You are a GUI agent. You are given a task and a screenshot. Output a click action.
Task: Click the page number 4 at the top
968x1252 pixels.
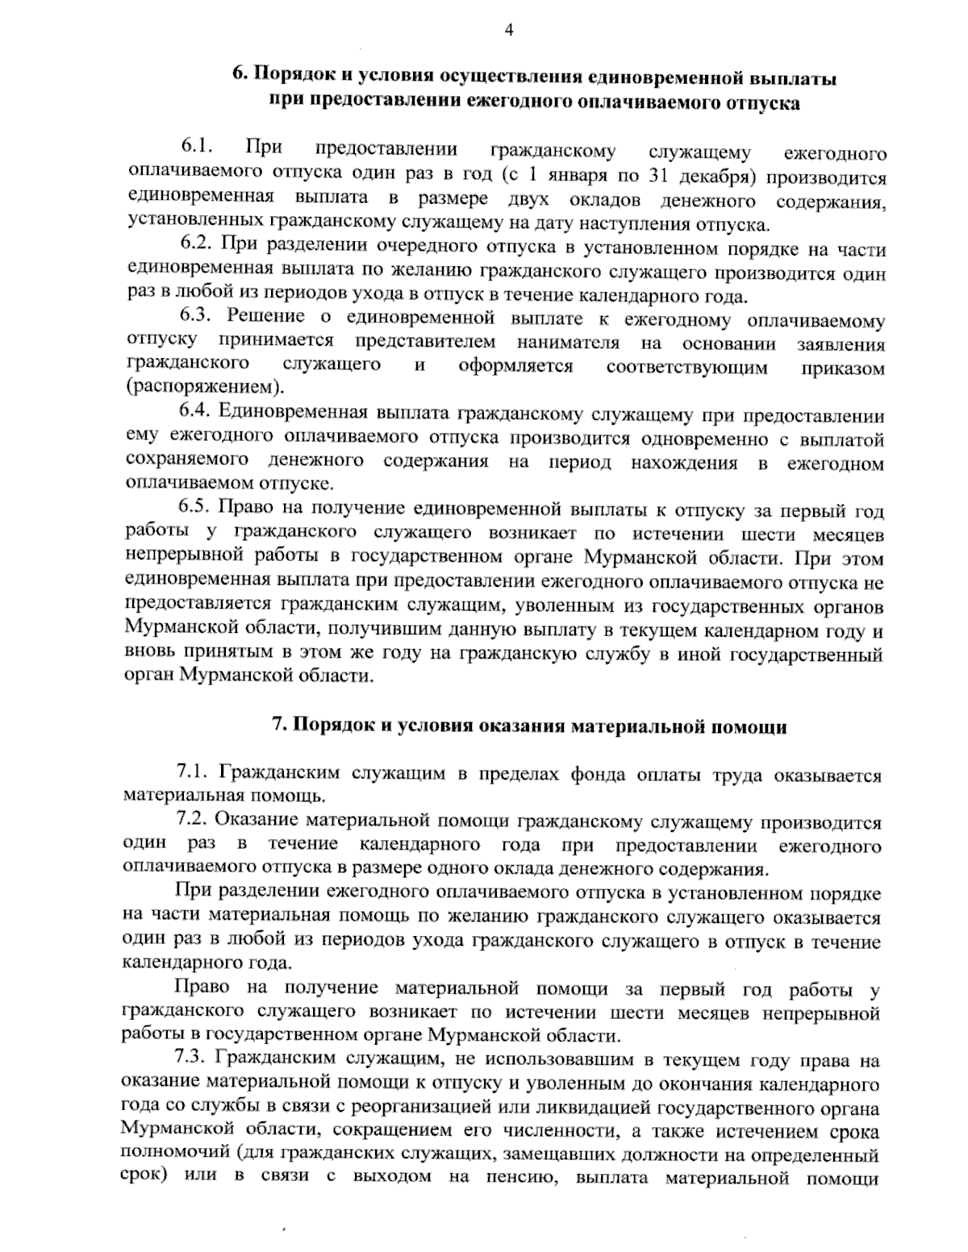pos(509,30)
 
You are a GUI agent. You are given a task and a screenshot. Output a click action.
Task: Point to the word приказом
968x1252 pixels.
pos(841,368)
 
